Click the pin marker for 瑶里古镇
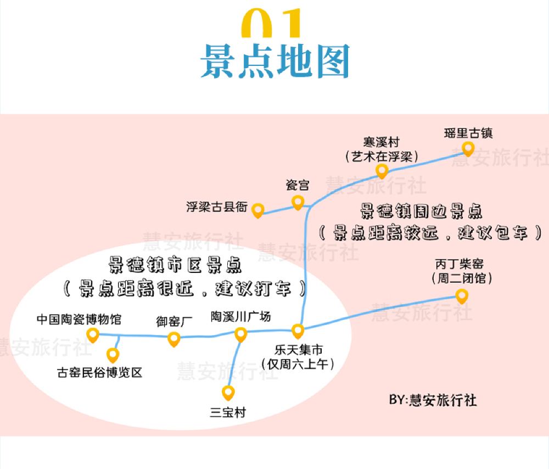click(x=468, y=148)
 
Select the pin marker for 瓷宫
click(x=298, y=202)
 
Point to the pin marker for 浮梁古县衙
click(x=257, y=210)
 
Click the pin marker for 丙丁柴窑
click(x=462, y=296)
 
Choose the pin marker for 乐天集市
click(x=298, y=331)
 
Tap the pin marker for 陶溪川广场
click(x=240, y=334)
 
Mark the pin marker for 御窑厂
click(x=174, y=339)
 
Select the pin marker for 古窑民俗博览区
click(x=113, y=354)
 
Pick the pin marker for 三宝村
click(x=228, y=392)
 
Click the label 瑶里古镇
click(x=468, y=133)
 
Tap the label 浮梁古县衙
click(x=217, y=208)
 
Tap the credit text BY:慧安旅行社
click(x=433, y=400)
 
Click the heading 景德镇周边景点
click(x=421, y=211)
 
